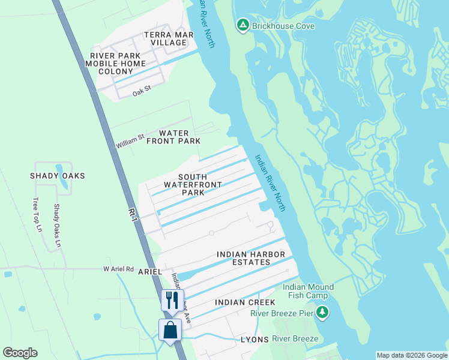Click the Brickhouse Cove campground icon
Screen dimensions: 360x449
point(243,25)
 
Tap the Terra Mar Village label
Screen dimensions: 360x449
point(169,39)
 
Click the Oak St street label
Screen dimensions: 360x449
point(140,93)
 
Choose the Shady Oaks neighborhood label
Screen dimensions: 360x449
point(58,176)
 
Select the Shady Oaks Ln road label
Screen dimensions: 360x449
point(57,226)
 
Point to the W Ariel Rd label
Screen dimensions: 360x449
point(118,269)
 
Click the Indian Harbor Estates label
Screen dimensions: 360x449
point(251,259)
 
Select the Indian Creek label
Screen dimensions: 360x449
point(245,302)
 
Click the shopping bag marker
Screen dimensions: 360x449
point(170,330)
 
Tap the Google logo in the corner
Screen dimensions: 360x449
point(20,353)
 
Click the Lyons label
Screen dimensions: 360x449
point(255,339)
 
